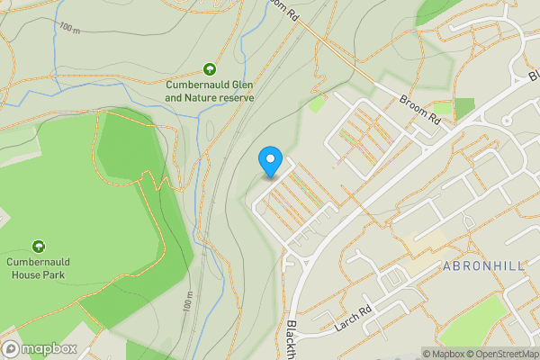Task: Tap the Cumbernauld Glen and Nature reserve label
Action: pyautogui.click(x=210, y=92)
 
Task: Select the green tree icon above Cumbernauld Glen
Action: pyautogui.click(x=210, y=68)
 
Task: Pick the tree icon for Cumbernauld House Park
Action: pyautogui.click(x=39, y=246)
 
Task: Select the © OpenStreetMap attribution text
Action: pyautogui.click(x=506, y=354)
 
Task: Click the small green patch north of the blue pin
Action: pyautogui.click(x=316, y=103)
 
